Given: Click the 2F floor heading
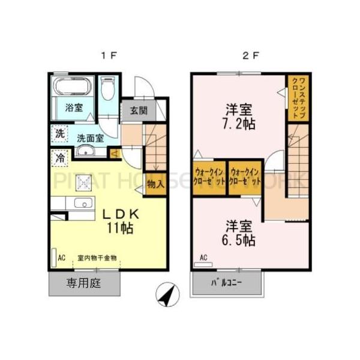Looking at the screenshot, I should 250,56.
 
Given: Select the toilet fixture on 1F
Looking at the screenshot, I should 108,90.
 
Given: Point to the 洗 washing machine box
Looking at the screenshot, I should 59,133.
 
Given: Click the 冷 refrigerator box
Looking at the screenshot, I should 60,158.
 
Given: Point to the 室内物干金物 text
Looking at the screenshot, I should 97,259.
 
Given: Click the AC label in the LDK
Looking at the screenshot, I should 61,259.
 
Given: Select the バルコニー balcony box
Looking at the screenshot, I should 227,283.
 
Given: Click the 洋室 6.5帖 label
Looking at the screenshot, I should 240,233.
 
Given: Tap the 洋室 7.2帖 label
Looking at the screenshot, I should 239,116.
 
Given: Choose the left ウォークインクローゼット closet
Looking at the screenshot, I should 209,177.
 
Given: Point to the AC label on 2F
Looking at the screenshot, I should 203,259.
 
